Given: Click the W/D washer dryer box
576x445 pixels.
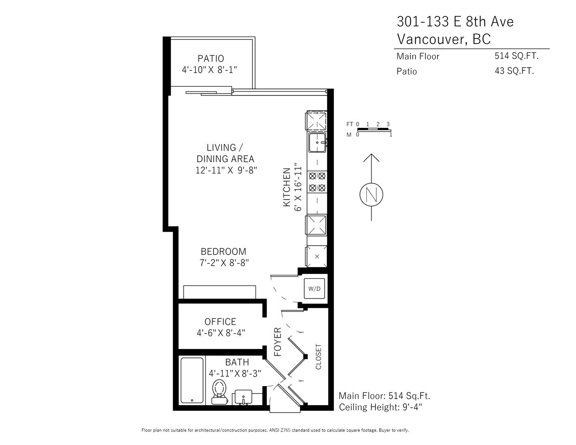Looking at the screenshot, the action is pos(314,288).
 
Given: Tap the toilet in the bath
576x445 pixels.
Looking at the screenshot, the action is pos(220,392).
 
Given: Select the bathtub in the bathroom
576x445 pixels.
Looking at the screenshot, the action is pos(192,380).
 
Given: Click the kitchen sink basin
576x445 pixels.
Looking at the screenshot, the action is pos(317,143).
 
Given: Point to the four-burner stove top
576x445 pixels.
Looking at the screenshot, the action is pos(317,182).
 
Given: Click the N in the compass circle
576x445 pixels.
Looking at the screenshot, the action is pos(371,195).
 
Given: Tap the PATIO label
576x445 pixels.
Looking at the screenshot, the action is pos(211,58).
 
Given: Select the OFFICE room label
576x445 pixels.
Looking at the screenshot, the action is pos(220,322).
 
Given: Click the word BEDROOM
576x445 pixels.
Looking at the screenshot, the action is pos(224,251).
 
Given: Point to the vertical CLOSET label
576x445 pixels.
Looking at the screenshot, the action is pos(318,356).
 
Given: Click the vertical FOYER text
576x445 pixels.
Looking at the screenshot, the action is pos(277,342).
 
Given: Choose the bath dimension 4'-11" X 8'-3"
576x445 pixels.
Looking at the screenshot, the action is pos(235,374).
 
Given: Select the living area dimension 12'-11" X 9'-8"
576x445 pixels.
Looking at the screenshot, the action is pos(226,170).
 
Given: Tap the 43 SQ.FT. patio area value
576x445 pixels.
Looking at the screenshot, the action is pos(514,71).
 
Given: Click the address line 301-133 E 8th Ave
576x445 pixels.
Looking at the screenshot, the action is pos(455,22).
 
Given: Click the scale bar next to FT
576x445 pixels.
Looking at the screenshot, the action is pos(374,129).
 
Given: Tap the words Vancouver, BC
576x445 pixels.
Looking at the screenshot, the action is pos(444,39).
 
